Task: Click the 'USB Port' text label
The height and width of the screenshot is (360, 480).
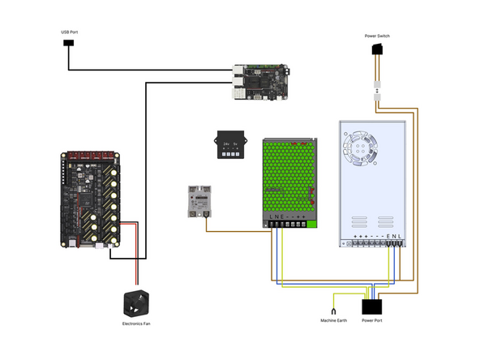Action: pos(70,32)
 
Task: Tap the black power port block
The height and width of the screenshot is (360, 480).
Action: pos(372,307)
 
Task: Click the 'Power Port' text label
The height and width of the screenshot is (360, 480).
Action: pos(372,321)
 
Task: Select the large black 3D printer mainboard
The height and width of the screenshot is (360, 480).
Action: pos(90,198)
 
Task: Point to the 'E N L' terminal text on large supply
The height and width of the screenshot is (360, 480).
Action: pos(394,237)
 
